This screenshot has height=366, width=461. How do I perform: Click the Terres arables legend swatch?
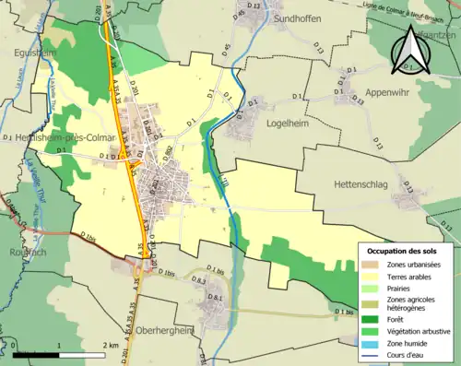[x=372, y=276]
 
